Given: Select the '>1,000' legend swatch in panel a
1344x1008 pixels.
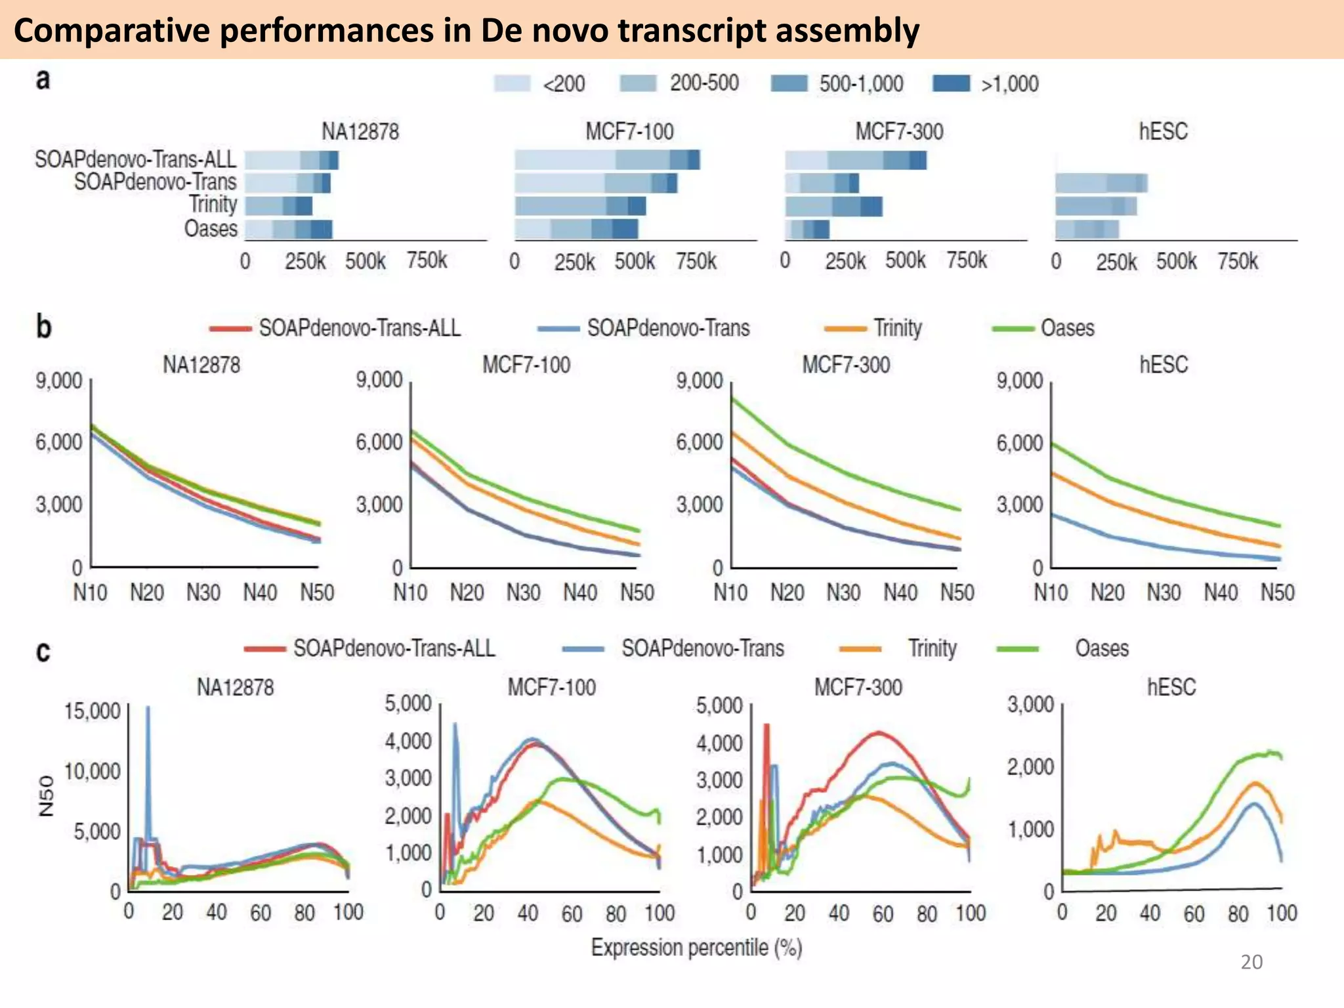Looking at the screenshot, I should point(951,83).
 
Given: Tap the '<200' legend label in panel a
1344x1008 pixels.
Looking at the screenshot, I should point(564,84).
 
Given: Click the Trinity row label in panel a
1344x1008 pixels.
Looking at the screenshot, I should point(213,204).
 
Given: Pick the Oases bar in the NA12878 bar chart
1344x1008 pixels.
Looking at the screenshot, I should point(289,229).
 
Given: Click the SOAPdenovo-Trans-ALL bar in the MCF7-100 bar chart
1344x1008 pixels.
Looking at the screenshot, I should point(607,160).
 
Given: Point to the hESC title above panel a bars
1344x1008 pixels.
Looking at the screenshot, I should point(1163,131).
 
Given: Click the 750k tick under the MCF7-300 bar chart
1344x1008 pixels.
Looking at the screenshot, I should point(966,261).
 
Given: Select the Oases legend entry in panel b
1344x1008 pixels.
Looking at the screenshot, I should point(1067,327).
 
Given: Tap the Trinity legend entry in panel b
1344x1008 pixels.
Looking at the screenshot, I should point(897,327).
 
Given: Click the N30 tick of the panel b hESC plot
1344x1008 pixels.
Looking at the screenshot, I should point(1164,593).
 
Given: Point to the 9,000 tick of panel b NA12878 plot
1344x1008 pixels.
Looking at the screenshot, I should point(59,381).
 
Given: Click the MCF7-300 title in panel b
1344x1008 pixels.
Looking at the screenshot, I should point(846,364).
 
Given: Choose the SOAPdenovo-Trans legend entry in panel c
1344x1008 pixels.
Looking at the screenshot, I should point(702,648).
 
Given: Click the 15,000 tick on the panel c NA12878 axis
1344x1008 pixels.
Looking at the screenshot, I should point(93,711).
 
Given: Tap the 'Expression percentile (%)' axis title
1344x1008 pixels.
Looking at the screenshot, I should point(696,948).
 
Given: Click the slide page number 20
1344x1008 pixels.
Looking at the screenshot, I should point(1251,962).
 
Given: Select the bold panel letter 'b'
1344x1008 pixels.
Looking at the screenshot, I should point(43,326).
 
